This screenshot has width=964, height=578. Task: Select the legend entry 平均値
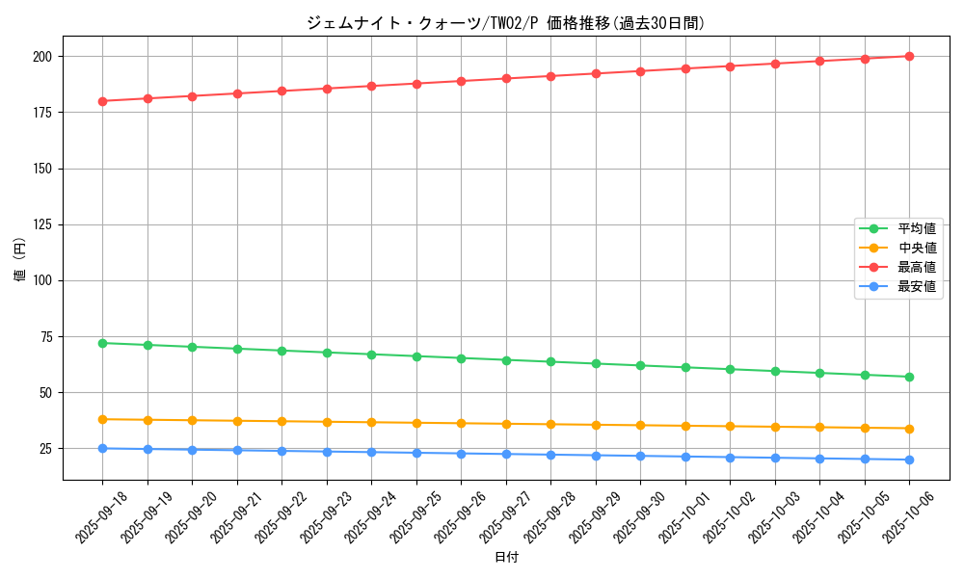click(917, 229)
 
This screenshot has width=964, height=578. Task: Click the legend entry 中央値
click(917, 249)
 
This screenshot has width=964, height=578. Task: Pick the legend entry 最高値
click(917, 268)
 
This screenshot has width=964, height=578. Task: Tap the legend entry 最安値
click(917, 287)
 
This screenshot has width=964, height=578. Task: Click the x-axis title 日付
click(506, 558)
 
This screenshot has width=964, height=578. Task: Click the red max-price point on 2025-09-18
click(102, 101)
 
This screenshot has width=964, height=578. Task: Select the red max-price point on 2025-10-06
click(909, 56)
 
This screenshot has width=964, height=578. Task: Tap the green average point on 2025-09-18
click(102, 343)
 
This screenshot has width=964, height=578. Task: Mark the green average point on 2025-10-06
click(909, 377)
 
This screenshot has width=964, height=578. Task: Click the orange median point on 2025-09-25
click(416, 423)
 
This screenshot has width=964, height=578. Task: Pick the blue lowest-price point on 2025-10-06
click(909, 460)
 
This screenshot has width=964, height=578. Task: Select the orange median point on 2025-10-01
click(685, 426)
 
